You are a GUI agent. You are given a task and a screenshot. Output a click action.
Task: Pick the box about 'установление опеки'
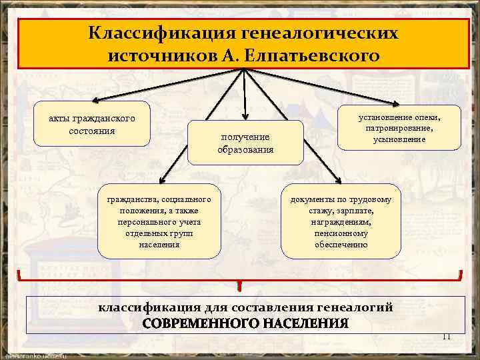click(x=399, y=127)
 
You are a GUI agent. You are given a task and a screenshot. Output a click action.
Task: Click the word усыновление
click(x=399, y=139)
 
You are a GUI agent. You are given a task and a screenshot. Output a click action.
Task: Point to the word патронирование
click(x=400, y=128)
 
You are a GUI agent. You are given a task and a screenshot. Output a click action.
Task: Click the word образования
click(x=245, y=149)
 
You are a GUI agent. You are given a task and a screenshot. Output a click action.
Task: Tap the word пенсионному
click(x=341, y=233)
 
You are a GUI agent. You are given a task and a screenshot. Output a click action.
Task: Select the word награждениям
click(x=341, y=222)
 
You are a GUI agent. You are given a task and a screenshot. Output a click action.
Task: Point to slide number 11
click(x=447, y=336)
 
